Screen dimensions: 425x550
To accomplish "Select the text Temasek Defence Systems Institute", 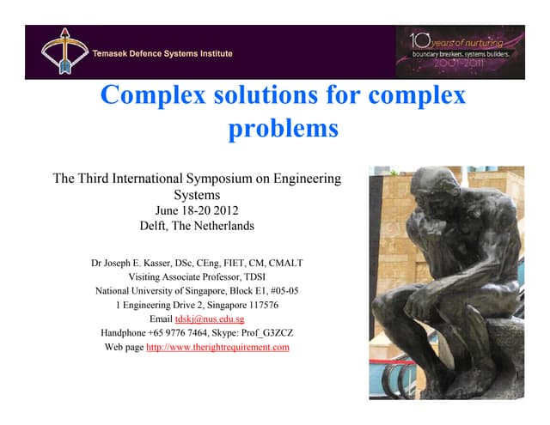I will click(x=163, y=53).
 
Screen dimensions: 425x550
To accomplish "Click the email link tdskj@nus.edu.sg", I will click(x=210, y=319).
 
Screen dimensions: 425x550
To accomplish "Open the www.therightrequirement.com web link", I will click(x=218, y=348).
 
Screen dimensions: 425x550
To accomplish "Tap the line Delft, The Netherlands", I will click(x=197, y=227).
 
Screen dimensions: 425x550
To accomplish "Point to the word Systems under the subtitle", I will click(x=197, y=195).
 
